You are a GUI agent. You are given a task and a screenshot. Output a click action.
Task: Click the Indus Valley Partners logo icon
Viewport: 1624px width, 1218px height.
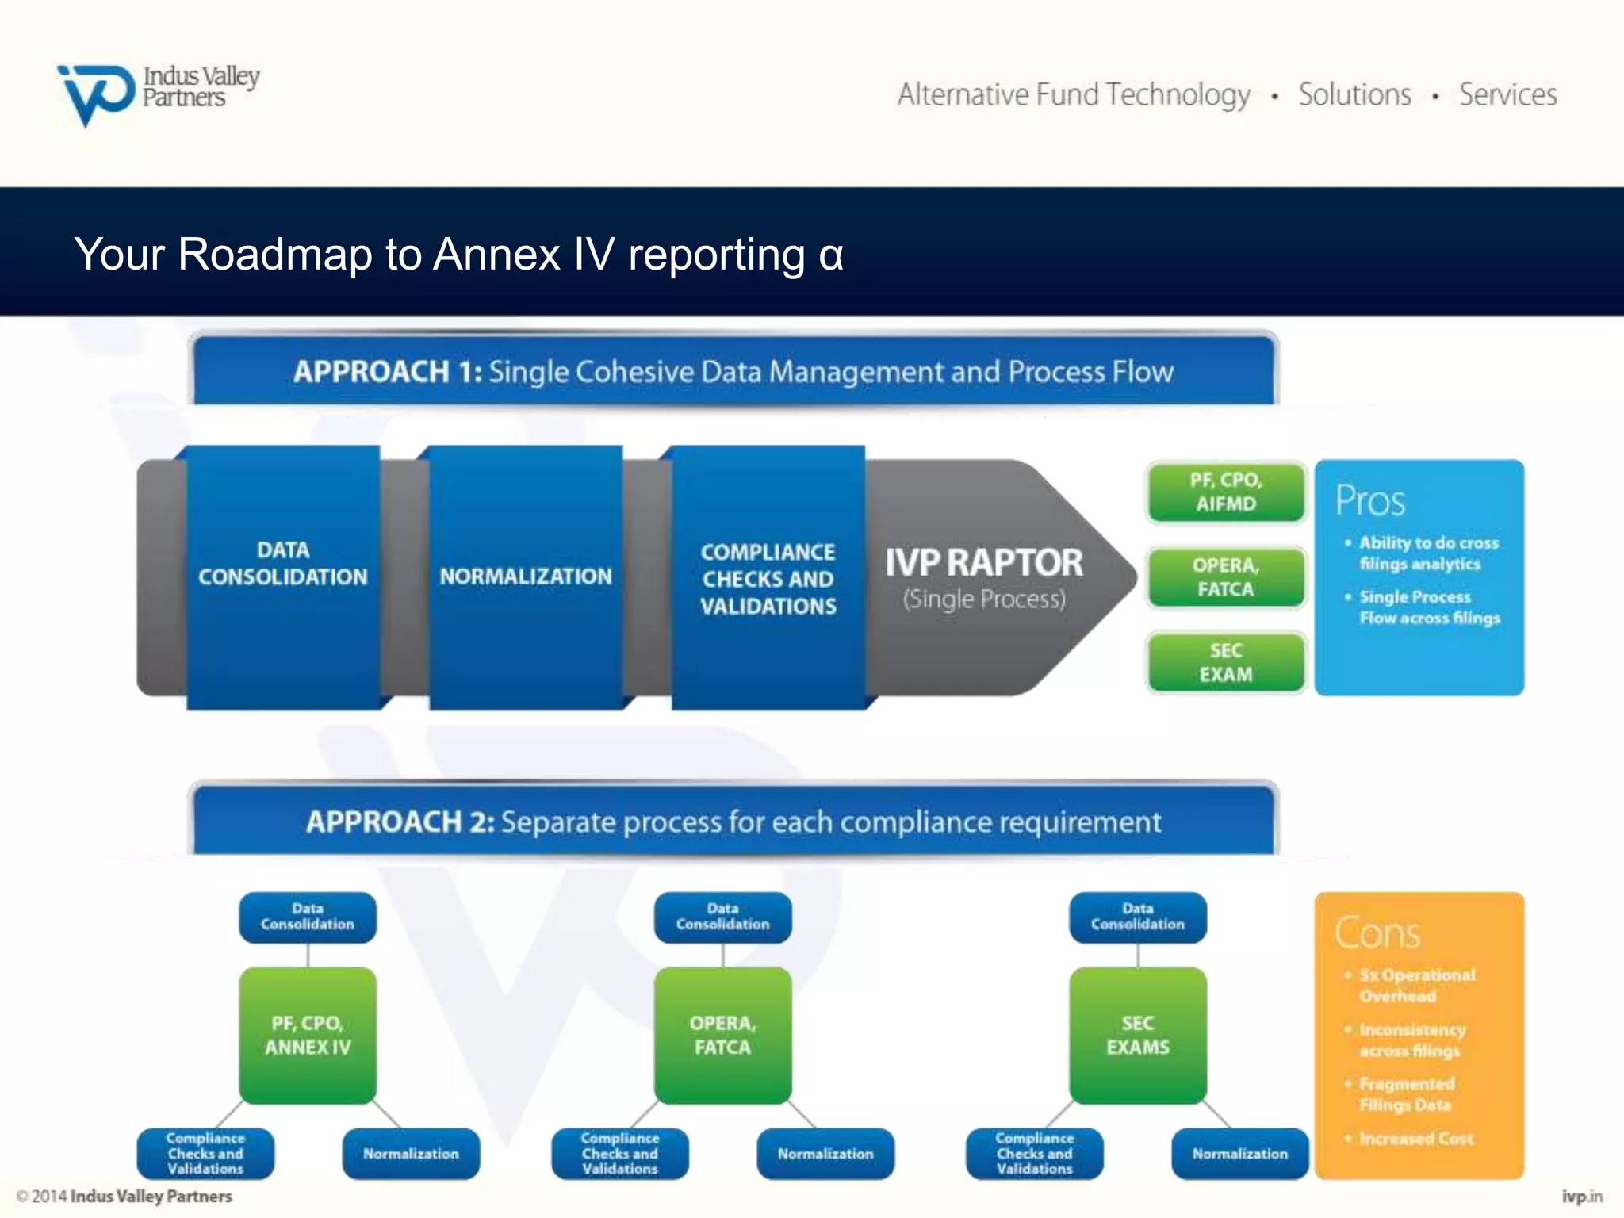point(95,94)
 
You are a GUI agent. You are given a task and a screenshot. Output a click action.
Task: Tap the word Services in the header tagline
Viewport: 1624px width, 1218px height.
point(1507,95)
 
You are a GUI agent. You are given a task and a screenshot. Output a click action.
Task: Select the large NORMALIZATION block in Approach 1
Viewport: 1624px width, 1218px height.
point(526,576)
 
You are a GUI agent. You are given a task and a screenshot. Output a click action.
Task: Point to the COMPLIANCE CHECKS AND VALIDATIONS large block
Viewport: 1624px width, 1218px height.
point(768,579)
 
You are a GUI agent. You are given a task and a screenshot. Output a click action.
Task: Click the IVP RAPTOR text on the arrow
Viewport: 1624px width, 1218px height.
point(983,563)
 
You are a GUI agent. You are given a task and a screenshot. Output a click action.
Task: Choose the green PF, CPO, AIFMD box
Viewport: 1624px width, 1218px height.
point(1225,492)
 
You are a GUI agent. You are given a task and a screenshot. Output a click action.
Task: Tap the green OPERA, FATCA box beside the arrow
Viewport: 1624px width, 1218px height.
point(1225,577)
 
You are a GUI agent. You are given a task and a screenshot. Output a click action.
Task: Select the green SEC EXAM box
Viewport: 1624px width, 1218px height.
point(1225,662)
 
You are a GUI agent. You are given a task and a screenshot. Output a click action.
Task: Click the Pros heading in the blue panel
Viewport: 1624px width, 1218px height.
point(1369,500)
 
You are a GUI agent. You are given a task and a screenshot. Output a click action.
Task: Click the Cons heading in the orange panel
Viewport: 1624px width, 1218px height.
point(1377,933)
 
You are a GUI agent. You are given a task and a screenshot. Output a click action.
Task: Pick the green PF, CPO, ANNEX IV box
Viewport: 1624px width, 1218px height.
point(308,1035)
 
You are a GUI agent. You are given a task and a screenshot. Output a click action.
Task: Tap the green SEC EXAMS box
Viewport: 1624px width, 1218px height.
point(1137,1035)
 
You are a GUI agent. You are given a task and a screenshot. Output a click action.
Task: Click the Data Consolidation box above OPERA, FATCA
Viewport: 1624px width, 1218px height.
point(722,917)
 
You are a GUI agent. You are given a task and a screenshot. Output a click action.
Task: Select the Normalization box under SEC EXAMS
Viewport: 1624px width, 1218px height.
point(1239,1154)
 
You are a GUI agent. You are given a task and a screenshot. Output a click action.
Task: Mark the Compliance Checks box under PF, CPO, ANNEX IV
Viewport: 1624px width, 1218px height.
point(205,1154)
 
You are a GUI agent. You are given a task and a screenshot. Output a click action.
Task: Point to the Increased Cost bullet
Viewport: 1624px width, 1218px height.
point(1415,1139)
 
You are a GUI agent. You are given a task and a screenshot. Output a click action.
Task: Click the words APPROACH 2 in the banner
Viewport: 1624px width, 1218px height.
point(399,822)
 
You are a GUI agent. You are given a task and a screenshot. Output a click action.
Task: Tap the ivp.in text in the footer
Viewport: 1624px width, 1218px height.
point(1581,1196)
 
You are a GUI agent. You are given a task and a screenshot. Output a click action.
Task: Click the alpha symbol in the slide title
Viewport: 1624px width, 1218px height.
point(830,256)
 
